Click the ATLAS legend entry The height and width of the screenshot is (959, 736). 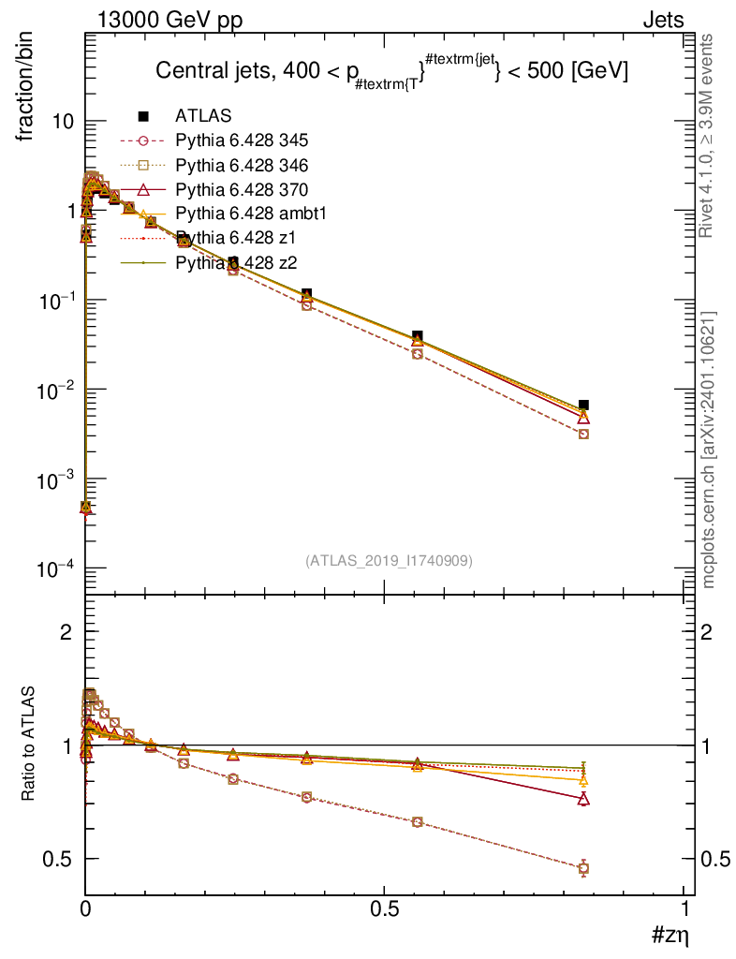203,116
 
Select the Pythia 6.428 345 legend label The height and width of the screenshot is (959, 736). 242,140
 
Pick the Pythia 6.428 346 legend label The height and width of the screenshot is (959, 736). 242,165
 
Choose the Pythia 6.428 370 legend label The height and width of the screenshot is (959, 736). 242,189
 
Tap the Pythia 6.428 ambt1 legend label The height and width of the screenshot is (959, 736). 249,214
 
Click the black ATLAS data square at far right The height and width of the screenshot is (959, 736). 583,405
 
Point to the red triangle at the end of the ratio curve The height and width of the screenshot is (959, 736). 583,799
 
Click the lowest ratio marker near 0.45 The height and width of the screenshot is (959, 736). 583,868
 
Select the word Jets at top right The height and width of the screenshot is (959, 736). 662,21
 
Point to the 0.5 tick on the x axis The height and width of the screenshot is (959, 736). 384,909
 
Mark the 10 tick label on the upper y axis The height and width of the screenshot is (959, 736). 64,122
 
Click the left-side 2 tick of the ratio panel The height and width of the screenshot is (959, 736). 66,632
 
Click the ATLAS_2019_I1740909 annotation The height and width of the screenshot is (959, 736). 389,561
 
